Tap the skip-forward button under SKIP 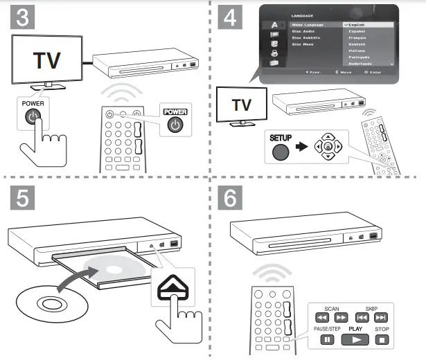(x=381, y=318)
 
